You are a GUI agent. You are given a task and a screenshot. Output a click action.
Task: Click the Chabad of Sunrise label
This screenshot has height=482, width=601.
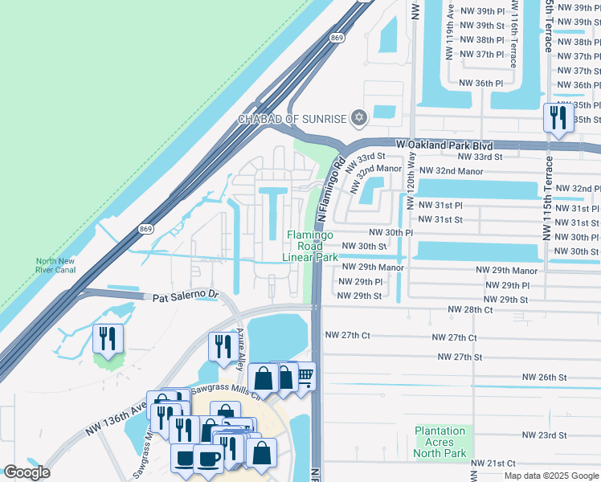[291, 119]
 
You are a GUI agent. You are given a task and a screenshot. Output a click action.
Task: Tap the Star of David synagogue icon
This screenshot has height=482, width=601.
[359, 119]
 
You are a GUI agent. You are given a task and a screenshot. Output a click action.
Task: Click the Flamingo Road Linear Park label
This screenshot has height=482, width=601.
[311, 246]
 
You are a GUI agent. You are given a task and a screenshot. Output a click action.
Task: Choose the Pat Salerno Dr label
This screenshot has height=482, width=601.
[186, 296]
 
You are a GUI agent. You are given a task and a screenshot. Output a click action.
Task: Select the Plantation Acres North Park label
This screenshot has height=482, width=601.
[440, 442]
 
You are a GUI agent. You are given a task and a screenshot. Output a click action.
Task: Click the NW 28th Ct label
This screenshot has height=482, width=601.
[470, 310]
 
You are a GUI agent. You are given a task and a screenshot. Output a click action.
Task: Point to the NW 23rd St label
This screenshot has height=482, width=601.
[544, 435]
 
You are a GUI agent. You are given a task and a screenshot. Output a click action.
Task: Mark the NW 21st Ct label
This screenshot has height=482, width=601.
[493, 464]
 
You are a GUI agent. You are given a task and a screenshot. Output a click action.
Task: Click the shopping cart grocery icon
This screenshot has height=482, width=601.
[304, 375]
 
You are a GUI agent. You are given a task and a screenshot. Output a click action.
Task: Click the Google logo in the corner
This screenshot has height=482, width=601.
[27, 472]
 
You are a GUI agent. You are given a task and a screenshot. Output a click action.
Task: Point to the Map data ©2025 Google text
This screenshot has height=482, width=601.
[550, 476]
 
